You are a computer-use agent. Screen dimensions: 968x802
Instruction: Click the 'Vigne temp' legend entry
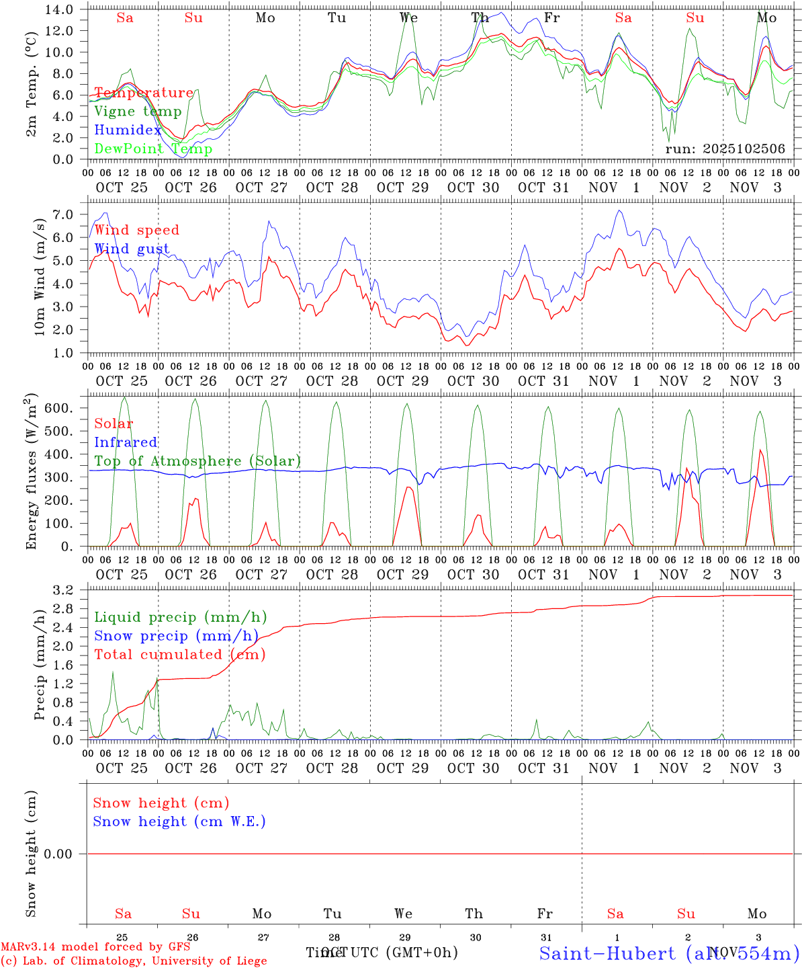(x=138, y=112)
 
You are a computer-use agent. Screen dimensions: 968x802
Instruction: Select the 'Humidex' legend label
(x=128, y=130)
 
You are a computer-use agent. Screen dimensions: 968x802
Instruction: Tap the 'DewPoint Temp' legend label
(x=153, y=149)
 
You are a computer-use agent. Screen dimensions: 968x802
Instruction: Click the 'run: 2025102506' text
(x=725, y=149)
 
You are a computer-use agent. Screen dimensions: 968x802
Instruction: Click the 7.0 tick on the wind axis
(x=62, y=214)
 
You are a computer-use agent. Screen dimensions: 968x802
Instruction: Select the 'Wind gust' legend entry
(x=132, y=249)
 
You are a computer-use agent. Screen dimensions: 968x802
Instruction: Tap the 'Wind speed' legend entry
(x=137, y=231)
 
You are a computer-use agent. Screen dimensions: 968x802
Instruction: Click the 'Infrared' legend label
(x=126, y=442)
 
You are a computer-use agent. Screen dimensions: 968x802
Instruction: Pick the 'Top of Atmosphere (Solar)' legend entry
(x=197, y=461)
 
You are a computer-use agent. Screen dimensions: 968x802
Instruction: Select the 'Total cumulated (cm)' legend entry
(x=179, y=655)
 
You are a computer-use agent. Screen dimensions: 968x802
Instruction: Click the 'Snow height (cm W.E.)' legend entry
(x=179, y=821)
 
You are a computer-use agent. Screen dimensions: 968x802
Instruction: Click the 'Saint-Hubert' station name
(x=607, y=953)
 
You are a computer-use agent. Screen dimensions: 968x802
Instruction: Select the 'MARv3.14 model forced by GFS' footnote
(x=95, y=947)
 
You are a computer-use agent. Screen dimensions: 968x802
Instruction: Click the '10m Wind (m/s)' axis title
(x=40, y=276)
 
